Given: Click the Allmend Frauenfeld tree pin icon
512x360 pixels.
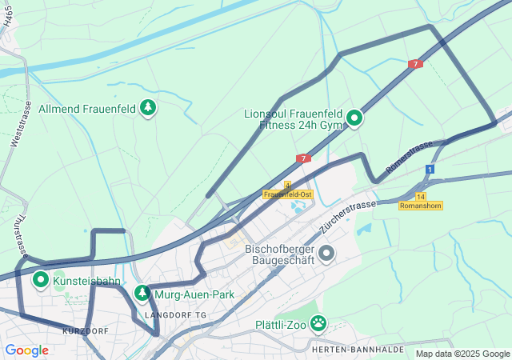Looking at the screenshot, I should [147, 107].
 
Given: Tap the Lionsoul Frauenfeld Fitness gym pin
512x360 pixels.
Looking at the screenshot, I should [354, 120].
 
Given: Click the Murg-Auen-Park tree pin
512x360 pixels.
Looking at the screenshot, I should [142, 294].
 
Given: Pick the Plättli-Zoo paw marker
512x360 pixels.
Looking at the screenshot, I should [318, 324].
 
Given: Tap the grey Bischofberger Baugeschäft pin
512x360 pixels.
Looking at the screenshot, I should [326, 254].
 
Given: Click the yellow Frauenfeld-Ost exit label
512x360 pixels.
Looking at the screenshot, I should [287, 194].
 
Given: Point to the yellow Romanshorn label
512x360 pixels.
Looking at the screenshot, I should [421, 206].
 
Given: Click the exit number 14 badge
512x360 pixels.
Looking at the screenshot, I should [421, 196].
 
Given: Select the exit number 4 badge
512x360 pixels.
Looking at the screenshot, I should [287, 185].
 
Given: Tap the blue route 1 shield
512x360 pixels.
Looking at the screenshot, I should [430, 170].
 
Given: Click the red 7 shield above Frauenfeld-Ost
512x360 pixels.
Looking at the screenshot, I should [303, 158].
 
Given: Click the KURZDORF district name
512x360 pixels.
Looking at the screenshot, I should [84, 330].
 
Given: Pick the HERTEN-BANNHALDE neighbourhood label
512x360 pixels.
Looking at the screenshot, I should [346, 350].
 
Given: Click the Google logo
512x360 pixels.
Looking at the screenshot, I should [26, 350].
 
